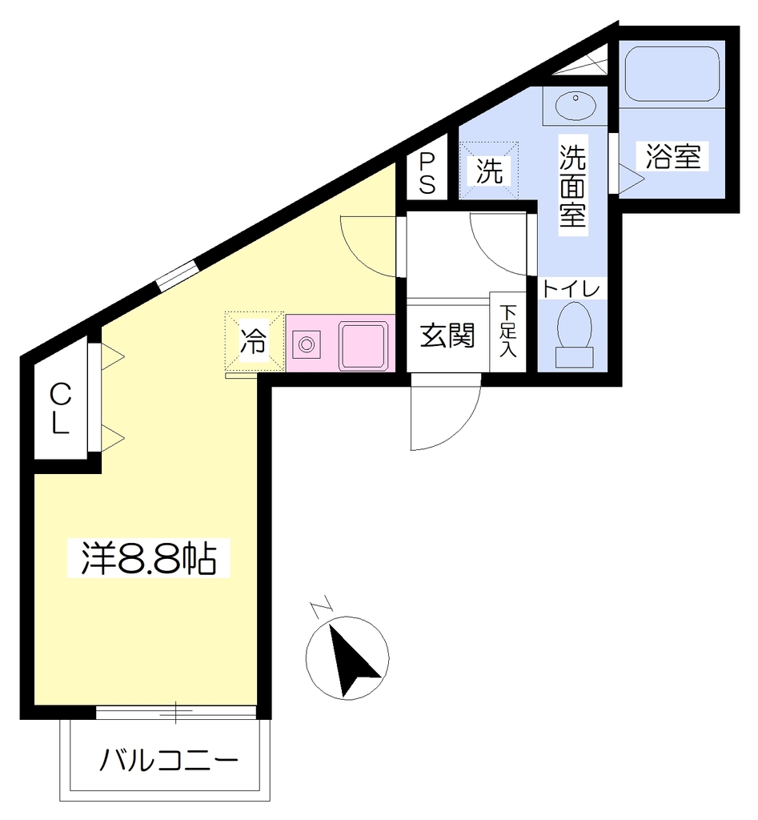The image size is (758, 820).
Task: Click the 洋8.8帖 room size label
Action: [x=148, y=558]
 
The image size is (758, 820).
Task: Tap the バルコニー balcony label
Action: [x=169, y=760]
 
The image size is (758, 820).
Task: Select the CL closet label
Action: [x=60, y=408]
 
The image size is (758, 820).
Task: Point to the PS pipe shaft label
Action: [x=427, y=173]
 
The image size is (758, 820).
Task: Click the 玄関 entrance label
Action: [x=447, y=336]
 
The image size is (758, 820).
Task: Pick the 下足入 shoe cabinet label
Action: [x=507, y=331]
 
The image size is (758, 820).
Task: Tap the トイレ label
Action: [x=572, y=288]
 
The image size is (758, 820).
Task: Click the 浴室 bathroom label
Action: [x=673, y=156]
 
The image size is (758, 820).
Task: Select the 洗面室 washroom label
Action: [x=572, y=185]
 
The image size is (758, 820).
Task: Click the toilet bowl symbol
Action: [x=575, y=335]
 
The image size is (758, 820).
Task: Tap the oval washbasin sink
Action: [x=575, y=107]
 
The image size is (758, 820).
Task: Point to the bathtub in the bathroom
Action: [x=672, y=74]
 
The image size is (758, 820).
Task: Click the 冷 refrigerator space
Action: [x=254, y=342]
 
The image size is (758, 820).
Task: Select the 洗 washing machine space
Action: [x=489, y=171]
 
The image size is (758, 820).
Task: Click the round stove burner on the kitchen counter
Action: [x=307, y=344]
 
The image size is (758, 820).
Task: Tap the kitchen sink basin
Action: [x=364, y=346]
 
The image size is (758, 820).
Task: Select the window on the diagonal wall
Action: [x=178, y=275]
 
